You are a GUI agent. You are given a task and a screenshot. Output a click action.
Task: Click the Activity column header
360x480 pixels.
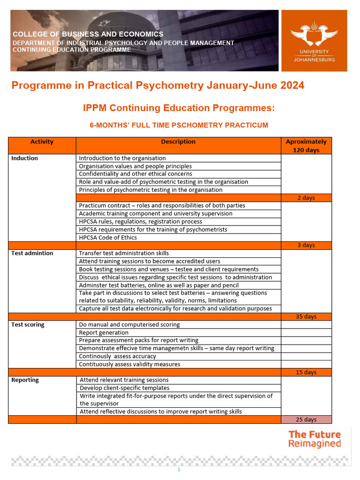[x=42, y=142]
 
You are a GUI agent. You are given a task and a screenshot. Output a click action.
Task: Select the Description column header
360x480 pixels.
[x=178, y=142]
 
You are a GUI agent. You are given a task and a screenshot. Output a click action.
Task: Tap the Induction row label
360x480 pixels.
[x=25, y=158]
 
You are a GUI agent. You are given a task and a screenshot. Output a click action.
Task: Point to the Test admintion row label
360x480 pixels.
[x=32, y=253]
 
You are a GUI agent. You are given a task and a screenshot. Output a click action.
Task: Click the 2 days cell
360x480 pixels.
[x=306, y=198]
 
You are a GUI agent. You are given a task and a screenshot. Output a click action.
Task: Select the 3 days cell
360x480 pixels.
[x=306, y=245]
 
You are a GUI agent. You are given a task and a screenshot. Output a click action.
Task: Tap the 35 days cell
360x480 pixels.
[x=306, y=316]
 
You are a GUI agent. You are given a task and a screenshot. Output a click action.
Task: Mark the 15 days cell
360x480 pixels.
[x=306, y=372]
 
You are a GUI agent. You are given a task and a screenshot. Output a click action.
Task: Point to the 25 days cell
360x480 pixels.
[x=306, y=420]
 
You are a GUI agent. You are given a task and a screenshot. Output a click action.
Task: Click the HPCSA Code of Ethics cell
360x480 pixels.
[x=108, y=237]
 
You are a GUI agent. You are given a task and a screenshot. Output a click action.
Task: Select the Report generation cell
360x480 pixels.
[x=104, y=332]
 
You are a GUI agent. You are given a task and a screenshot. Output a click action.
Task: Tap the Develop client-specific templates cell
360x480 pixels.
[x=125, y=388]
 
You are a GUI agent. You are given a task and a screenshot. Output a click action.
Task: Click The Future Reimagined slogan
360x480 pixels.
[x=315, y=439]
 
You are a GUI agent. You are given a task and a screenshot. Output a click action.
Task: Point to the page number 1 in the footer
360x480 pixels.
[x=179, y=470]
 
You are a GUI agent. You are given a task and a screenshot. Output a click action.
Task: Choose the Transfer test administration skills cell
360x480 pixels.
[x=124, y=253]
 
